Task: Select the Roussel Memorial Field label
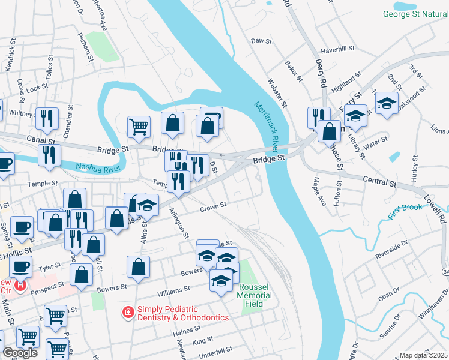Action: [254, 295]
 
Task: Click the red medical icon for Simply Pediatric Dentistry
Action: [127, 312]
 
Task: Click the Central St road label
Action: [378, 179]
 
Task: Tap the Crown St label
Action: [213, 206]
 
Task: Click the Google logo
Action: [20, 353]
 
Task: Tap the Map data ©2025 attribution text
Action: [423, 355]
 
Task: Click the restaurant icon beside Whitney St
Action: [46, 119]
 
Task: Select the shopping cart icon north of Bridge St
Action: [139, 127]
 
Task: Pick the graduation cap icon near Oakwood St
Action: [387, 102]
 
